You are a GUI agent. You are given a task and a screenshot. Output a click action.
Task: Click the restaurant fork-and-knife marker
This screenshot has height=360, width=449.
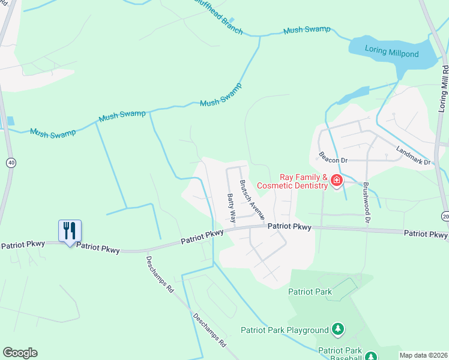[x=70, y=230]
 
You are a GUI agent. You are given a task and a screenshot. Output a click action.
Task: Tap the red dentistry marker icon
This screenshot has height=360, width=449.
[x=337, y=179]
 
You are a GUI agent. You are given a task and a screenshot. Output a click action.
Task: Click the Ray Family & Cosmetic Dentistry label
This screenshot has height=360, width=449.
[x=304, y=181]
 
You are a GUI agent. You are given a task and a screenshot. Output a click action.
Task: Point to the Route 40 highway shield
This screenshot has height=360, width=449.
[x=11, y=163]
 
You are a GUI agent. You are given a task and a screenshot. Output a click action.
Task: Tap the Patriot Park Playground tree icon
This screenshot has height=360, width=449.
[x=339, y=329]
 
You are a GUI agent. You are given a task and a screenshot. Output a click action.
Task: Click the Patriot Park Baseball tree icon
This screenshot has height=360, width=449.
[x=370, y=356]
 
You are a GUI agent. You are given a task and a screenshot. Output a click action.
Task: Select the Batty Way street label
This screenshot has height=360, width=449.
[x=231, y=206]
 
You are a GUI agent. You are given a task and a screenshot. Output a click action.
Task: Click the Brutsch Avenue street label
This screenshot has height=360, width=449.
[x=253, y=199]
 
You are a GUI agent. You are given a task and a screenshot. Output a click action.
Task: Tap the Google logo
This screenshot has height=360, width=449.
[x=20, y=353]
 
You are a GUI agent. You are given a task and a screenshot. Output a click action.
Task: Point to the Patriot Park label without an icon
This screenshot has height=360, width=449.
[x=310, y=292]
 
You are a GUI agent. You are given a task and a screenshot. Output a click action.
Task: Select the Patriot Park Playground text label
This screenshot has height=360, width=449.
[x=285, y=330]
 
